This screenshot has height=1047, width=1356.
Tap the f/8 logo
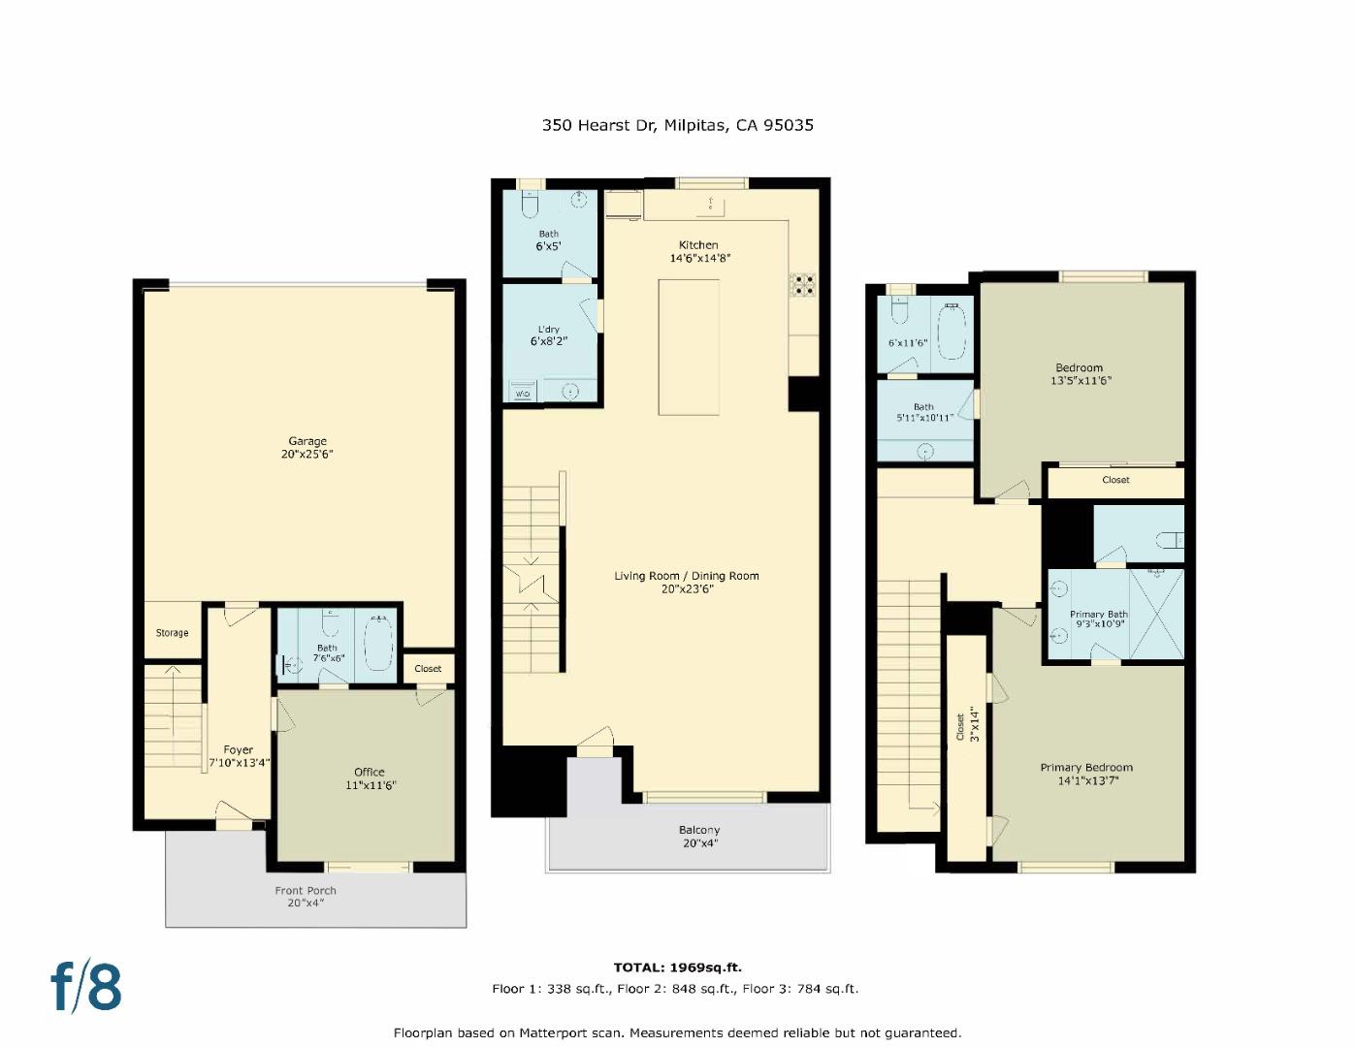(x=86, y=987)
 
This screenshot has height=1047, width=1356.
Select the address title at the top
(x=677, y=125)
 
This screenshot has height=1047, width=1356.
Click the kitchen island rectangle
(x=689, y=346)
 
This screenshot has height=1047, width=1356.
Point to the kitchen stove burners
(x=804, y=284)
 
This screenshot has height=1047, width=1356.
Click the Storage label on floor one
(x=173, y=633)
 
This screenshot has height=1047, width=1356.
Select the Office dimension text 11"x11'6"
(x=370, y=785)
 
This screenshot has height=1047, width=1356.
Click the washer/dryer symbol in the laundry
(x=522, y=393)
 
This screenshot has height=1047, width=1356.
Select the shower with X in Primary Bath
(x=1156, y=613)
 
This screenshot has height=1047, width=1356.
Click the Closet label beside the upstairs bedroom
(x=1115, y=480)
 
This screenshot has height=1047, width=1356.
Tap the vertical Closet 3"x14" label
(x=967, y=725)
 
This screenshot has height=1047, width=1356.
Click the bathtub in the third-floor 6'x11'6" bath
(x=952, y=333)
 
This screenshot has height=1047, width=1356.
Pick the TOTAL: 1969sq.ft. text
(x=677, y=968)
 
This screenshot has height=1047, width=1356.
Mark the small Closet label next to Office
(x=428, y=669)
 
